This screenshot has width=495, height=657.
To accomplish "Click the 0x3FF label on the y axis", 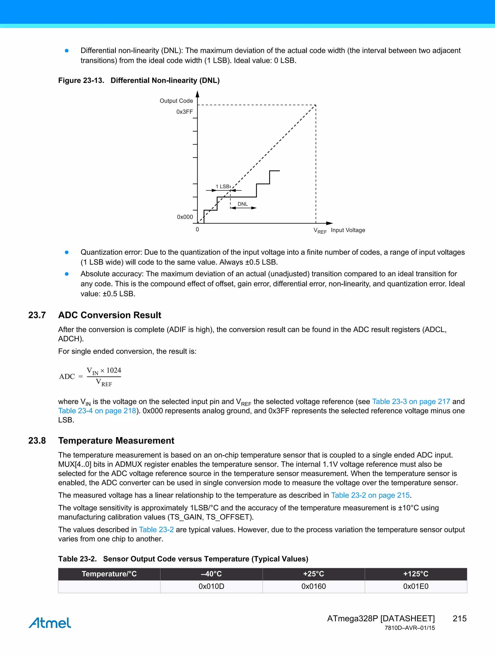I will (184, 112).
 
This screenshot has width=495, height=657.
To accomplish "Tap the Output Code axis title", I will (176, 101).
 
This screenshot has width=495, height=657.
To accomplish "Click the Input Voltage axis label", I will (348, 230).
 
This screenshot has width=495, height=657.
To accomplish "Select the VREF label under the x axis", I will (320, 231).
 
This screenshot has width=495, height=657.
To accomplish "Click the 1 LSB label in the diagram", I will (223, 187).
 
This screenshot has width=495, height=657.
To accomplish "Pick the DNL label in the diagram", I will (242, 204).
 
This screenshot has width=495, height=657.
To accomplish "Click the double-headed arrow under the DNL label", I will (243, 208).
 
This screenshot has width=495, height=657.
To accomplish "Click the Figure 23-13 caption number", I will (81, 80).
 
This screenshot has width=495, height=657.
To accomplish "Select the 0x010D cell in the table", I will (211, 586).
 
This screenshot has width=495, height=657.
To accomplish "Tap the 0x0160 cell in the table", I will (313, 586).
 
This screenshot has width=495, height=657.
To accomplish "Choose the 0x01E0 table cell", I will (415, 586).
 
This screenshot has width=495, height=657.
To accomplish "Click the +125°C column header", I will (415, 574).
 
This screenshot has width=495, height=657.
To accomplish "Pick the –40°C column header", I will (211, 574).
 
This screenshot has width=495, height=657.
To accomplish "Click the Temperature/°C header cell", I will (109, 574).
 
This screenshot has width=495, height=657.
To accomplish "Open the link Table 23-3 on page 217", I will (411, 402).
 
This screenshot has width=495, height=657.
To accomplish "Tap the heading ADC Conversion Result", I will (110, 315).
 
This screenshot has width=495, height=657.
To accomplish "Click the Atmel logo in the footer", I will (50, 623).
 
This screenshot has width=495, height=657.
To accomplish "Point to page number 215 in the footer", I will (459, 618).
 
